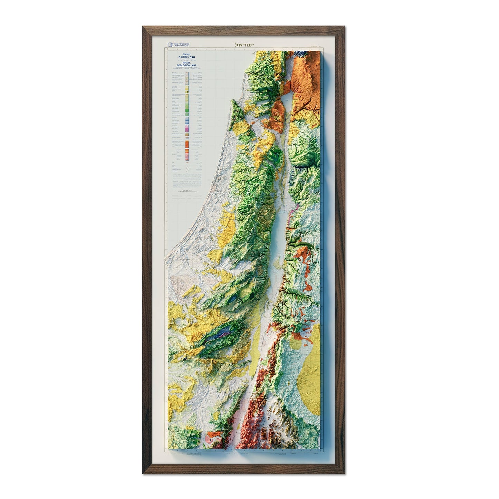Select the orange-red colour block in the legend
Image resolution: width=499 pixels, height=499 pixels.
pos(187,142)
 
